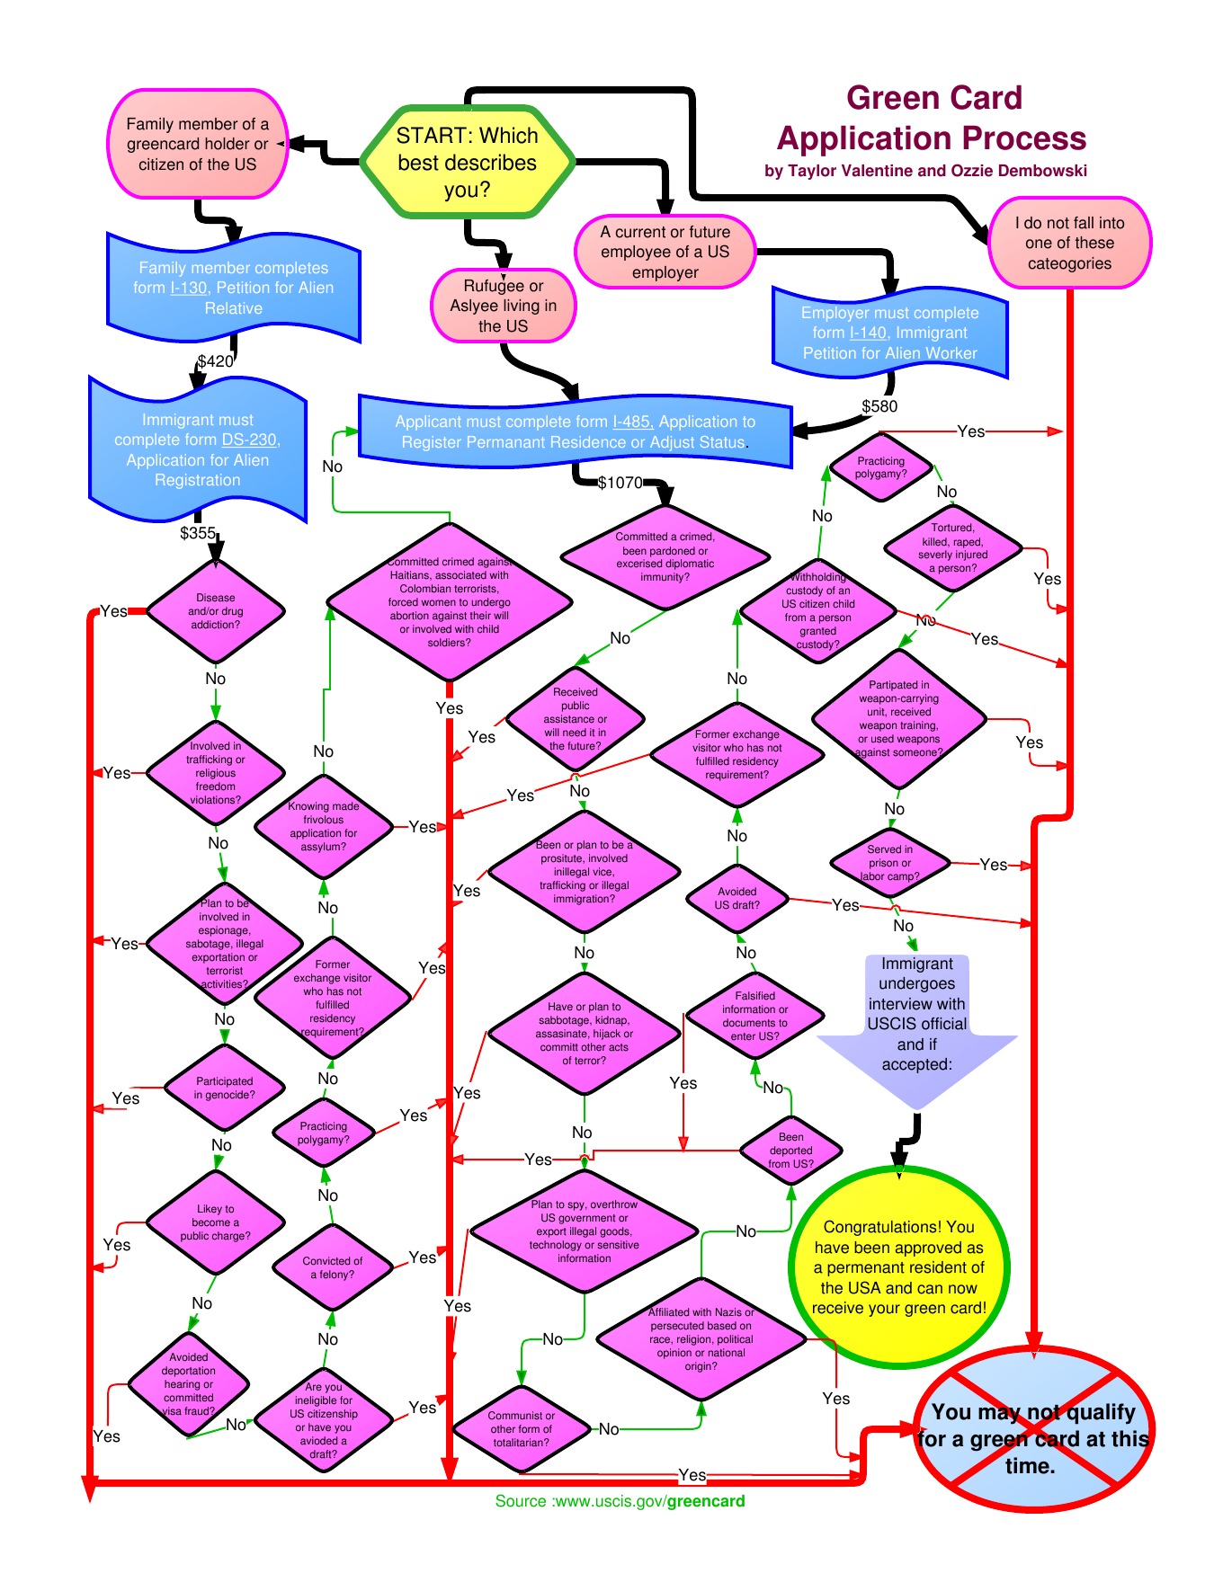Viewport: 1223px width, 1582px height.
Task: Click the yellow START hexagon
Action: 467,162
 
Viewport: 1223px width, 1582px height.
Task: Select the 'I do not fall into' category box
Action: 1069,243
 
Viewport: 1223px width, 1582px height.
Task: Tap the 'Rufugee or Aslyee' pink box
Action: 503,306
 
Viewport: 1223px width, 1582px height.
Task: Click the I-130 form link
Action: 189,288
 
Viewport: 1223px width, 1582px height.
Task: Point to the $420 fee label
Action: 215,361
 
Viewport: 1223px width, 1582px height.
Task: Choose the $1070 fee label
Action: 620,483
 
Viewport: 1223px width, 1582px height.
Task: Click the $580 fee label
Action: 879,406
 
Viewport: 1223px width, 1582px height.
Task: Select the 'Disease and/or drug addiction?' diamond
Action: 216,611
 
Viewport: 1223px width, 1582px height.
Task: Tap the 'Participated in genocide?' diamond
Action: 225,1088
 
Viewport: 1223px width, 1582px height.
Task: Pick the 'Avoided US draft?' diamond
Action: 737,898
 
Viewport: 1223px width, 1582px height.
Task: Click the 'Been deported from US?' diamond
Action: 791,1151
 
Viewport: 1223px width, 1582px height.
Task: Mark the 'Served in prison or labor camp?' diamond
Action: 889,863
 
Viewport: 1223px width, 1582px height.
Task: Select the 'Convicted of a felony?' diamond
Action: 332,1267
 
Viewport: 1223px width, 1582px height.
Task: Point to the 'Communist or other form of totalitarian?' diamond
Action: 522,1428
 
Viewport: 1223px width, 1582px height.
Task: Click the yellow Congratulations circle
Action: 899,1267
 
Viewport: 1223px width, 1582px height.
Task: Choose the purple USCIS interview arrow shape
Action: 916,1025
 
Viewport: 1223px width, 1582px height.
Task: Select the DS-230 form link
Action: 249,440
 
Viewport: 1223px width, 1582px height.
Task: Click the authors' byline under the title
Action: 925,171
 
